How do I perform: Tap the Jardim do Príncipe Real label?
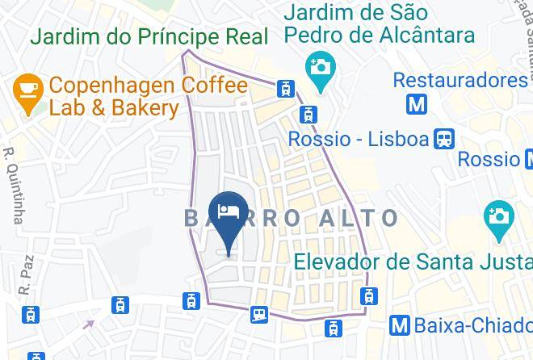[x=149, y=36]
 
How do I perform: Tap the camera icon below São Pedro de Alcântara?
[x=318, y=65]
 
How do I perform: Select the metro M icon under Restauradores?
[x=417, y=104]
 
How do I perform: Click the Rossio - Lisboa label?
[x=358, y=139]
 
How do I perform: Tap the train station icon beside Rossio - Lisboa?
[x=443, y=139]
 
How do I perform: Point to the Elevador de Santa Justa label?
[x=411, y=262]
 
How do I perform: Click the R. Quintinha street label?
[x=13, y=185]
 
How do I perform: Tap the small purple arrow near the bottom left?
[x=88, y=324]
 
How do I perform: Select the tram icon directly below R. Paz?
[x=31, y=313]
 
